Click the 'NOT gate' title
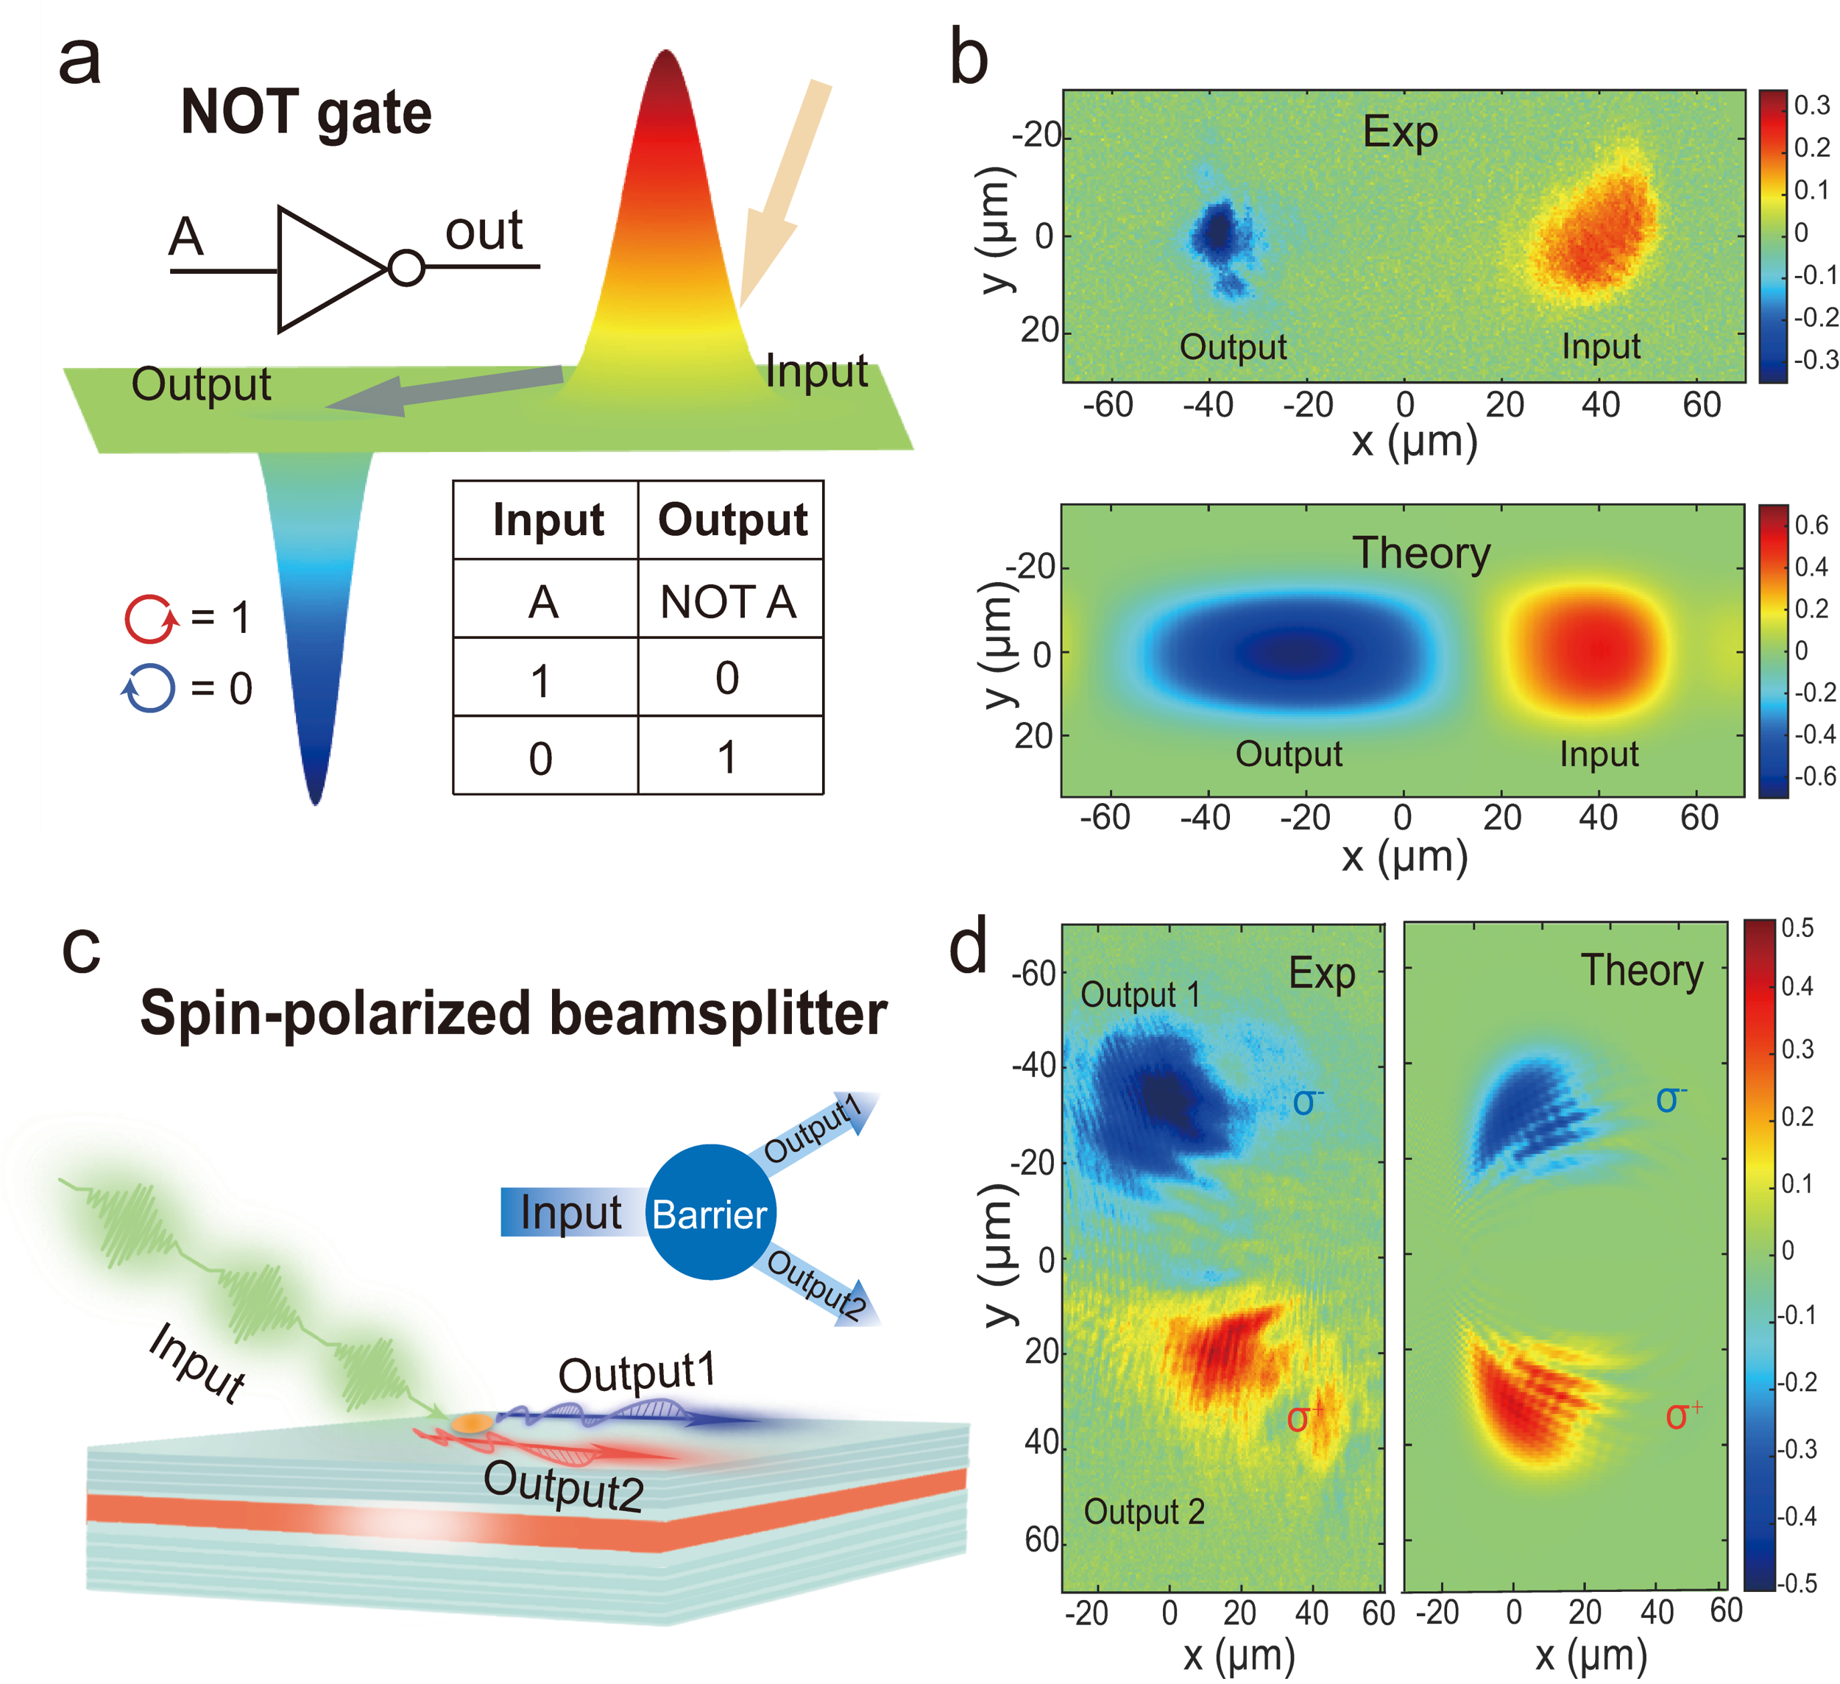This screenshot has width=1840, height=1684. [x=305, y=113]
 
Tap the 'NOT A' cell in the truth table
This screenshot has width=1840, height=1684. [x=729, y=601]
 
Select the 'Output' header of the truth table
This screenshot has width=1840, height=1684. [x=732, y=520]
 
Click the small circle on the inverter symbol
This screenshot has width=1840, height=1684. [x=406, y=269]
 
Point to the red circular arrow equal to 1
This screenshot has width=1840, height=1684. [x=149, y=619]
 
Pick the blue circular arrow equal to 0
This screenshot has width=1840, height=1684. [x=148, y=688]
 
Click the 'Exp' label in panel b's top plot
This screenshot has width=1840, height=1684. [x=1400, y=132]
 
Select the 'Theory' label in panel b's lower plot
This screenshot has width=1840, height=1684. [x=1421, y=553]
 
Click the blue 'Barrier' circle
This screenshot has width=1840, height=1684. [x=710, y=1213]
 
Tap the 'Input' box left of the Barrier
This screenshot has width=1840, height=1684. [x=570, y=1213]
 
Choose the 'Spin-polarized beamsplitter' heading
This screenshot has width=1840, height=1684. [x=513, y=1013]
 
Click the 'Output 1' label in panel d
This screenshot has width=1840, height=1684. [x=1140, y=995]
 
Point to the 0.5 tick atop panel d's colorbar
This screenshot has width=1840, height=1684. [x=1797, y=928]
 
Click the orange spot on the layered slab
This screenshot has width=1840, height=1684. [x=472, y=1423]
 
